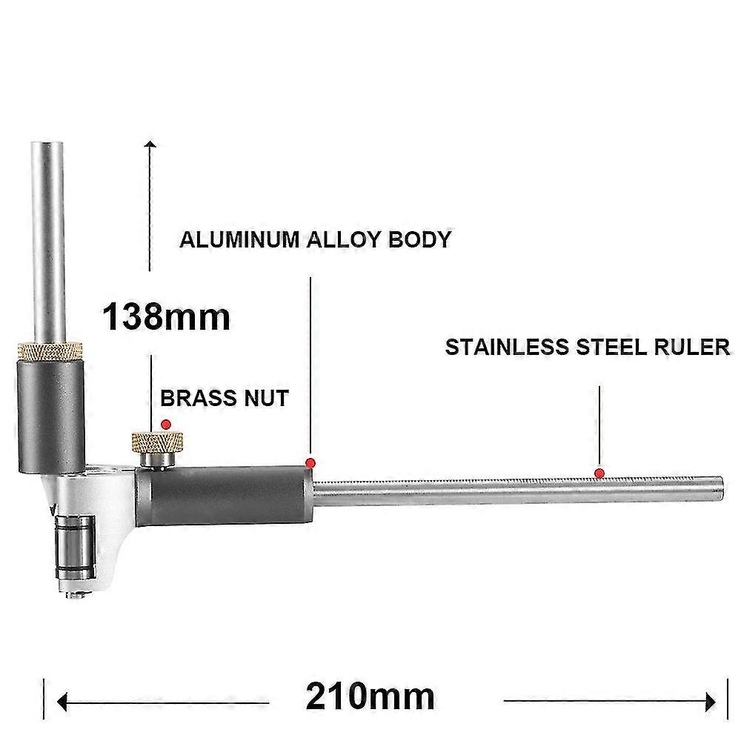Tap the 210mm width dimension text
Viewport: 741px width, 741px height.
pos(370,697)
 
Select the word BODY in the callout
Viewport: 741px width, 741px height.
pos(421,240)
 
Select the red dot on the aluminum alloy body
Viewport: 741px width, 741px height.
pos(310,463)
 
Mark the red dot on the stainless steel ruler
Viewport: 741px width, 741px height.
pos(599,473)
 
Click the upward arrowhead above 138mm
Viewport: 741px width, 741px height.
pos(151,144)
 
